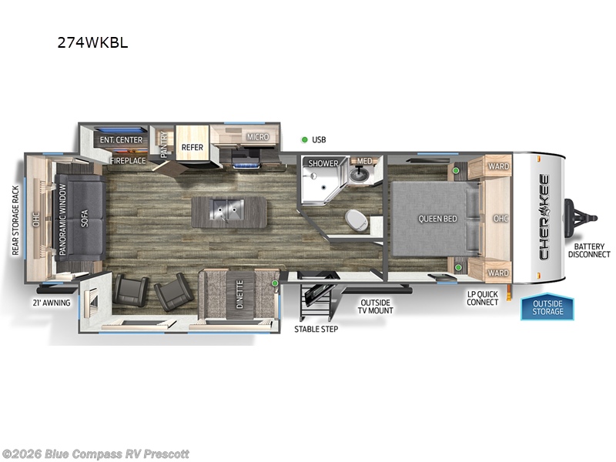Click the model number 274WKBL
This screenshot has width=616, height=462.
tap(92, 43)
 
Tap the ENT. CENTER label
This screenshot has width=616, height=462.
tap(120, 139)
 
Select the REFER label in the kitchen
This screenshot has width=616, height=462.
tap(192, 147)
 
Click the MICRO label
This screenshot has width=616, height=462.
tap(257, 137)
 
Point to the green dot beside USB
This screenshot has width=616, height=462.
tap(304, 139)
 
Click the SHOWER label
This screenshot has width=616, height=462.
tap(323, 163)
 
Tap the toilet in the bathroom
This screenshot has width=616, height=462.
tap(356, 219)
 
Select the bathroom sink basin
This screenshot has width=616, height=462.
tap(360, 174)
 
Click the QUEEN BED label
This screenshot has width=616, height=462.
tap(437, 219)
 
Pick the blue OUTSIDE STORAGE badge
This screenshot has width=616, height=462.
tap(547, 307)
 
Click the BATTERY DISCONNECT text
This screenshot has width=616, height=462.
tap(589, 249)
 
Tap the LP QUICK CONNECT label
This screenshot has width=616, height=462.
tap(483, 297)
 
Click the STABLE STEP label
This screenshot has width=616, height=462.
tap(316, 329)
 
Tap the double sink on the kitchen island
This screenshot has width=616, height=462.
tap(223, 208)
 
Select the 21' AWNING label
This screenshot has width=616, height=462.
tap(52, 303)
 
